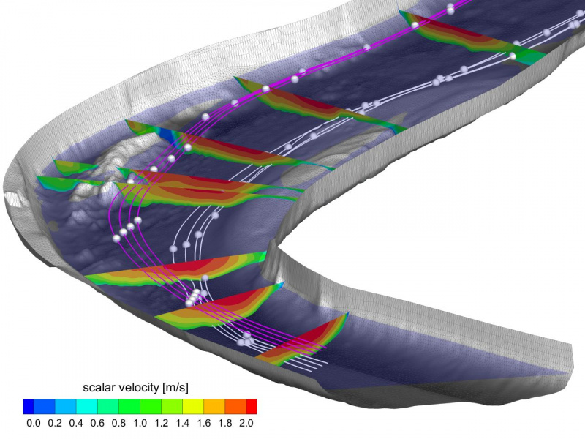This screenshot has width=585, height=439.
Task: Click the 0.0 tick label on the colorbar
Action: click(34, 423)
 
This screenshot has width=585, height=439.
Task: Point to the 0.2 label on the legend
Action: click(55, 423)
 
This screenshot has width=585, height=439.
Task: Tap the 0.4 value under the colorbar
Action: click(76, 423)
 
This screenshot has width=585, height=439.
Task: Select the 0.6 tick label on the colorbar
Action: click(97, 423)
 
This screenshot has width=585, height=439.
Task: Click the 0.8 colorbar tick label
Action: click(118, 423)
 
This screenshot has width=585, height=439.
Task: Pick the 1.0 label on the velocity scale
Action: click(140, 423)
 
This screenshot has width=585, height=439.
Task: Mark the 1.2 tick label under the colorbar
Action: click(161, 423)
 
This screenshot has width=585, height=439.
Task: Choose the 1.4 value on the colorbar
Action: click(182, 423)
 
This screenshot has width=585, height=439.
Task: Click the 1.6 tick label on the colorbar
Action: click(204, 423)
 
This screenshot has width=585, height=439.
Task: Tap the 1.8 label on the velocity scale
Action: click(225, 423)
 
